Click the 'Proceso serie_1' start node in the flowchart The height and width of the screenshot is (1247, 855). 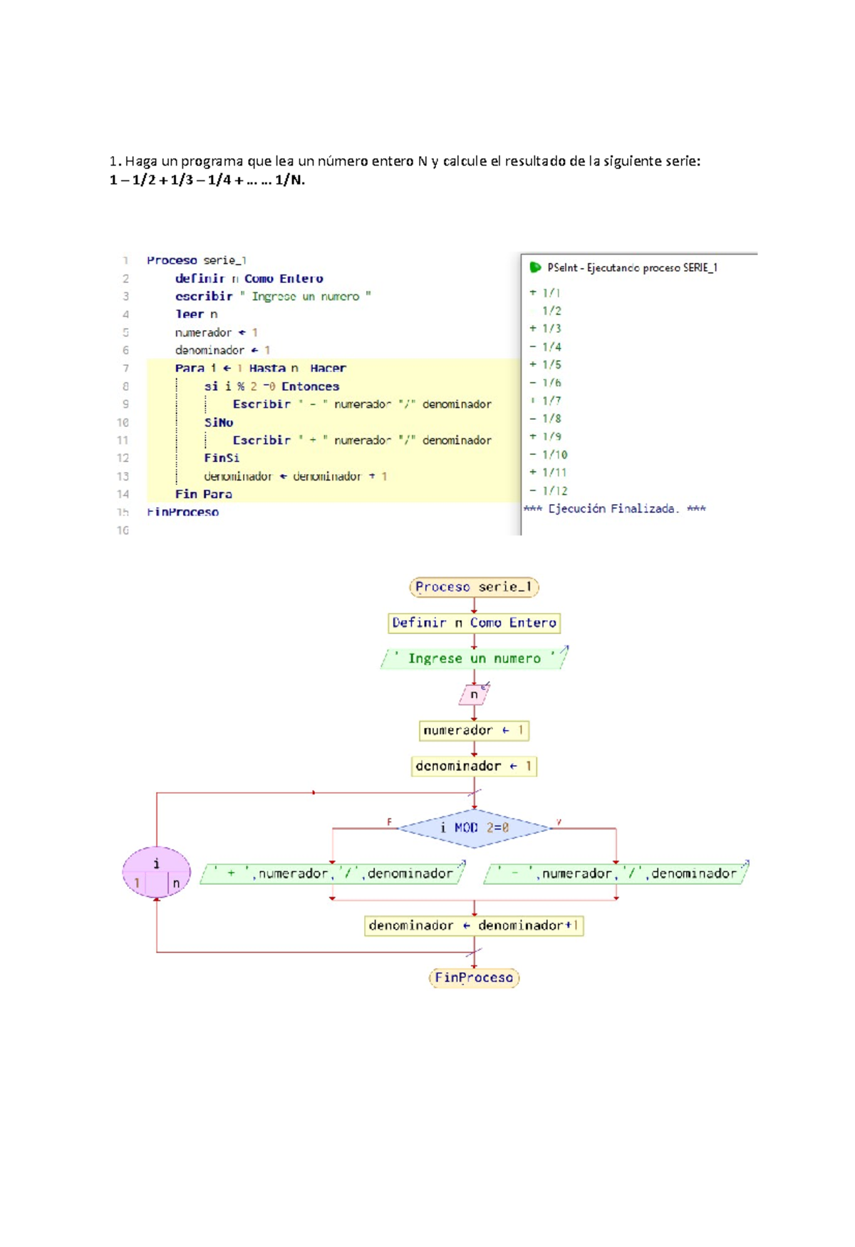474,587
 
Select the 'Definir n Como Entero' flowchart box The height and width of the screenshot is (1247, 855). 474,623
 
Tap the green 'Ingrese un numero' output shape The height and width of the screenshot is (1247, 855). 474,659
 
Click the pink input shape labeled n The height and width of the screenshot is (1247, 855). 474,694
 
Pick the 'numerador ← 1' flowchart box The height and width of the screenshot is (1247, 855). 474,730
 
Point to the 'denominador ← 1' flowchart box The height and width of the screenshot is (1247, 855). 474,766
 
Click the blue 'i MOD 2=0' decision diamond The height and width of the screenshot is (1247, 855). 474,828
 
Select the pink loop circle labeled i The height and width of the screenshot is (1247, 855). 157,872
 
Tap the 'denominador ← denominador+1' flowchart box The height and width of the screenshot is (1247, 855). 474,925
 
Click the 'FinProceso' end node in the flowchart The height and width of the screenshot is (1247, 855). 474,977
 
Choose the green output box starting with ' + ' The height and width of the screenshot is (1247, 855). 333,873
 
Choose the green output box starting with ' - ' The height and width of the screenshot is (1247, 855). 616,873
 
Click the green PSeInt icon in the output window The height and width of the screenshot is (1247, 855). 535,267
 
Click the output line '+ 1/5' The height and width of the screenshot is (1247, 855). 546,364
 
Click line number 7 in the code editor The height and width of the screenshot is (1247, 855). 125,369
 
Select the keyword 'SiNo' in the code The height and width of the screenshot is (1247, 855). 219,422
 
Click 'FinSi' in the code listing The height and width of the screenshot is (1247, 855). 222,458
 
